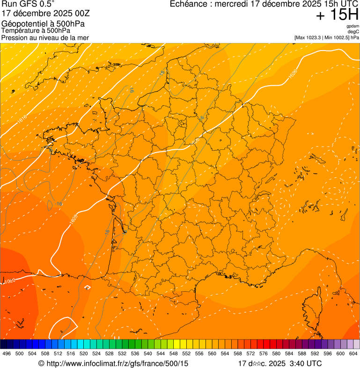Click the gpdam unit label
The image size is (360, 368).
tap(353, 26)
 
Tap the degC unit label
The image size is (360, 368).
tap(353, 31)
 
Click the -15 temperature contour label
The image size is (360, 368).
tap(162, 74)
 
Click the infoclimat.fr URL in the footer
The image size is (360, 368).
tap(117, 363)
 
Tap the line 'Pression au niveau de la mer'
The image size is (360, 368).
tap(45, 37)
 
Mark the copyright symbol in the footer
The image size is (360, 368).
tap(41, 363)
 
